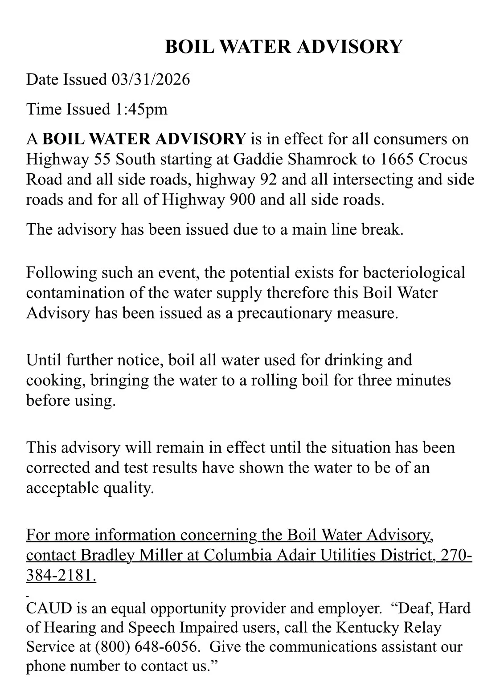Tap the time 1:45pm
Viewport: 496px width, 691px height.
coord(141,109)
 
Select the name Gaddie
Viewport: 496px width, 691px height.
coord(258,159)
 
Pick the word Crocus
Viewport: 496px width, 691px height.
coord(443,159)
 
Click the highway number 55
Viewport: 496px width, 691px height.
coord(104,159)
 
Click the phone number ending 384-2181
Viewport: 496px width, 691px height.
coord(61,576)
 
